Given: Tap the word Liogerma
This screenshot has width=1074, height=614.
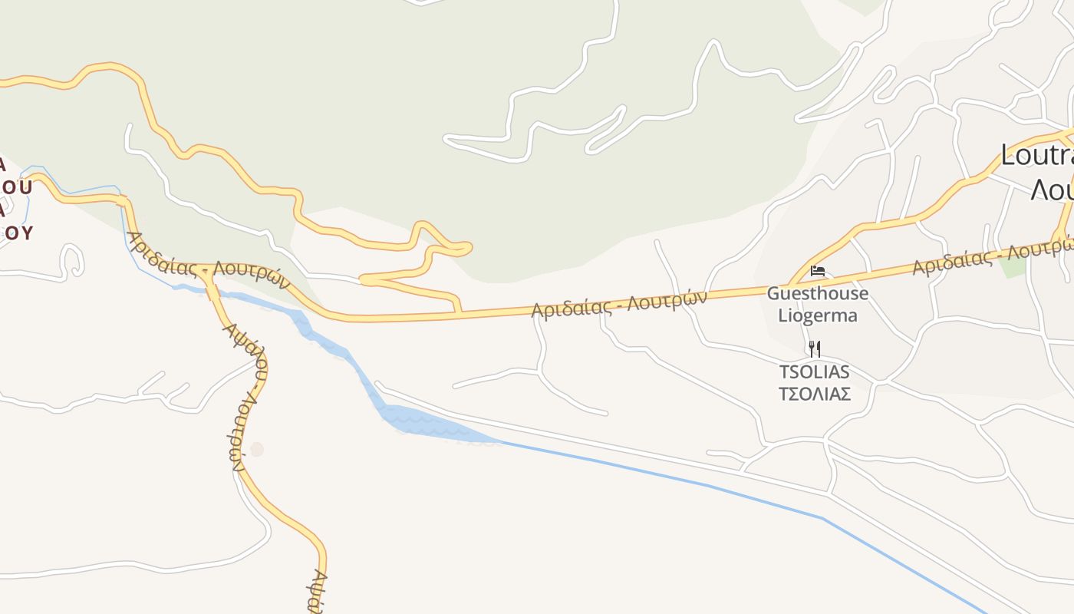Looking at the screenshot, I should point(818,315).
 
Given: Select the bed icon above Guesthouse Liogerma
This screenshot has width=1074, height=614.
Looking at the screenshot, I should point(818,271).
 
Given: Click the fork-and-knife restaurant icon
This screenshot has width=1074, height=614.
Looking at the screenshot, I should point(815,349).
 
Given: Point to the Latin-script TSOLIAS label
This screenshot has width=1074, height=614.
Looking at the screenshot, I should point(815,372).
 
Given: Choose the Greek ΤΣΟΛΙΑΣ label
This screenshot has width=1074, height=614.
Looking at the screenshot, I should point(815,394).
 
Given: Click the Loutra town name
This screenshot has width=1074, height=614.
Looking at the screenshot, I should point(1036,156).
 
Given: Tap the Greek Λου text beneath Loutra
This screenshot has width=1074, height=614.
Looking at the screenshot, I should point(1051,189).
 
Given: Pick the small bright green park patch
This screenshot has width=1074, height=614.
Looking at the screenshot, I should point(1013,266).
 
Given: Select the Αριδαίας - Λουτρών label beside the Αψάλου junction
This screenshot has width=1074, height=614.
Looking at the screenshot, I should point(209,260).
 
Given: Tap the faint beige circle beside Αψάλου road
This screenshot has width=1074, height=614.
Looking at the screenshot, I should point(257,449).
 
